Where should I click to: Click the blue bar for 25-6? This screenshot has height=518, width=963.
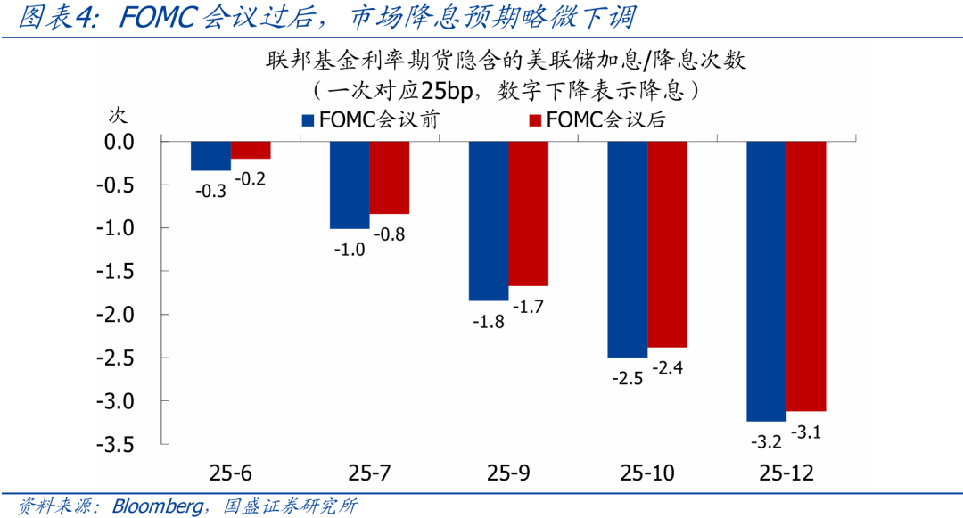point(210,156)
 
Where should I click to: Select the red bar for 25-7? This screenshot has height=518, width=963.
point(389,177)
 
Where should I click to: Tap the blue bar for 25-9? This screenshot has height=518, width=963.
point(489,220)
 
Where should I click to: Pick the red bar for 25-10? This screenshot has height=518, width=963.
point(667,243)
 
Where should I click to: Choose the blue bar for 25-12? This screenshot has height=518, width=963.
point(767,281)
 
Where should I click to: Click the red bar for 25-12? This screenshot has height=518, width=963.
point(806,275)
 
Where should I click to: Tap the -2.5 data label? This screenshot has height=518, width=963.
point(628,378)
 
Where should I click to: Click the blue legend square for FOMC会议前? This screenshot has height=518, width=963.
point(309,120)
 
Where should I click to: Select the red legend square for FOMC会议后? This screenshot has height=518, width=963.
point(536,120)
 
